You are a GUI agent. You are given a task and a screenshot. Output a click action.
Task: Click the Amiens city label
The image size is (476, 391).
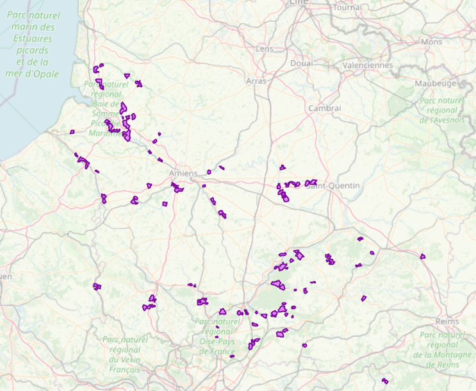point(184,174)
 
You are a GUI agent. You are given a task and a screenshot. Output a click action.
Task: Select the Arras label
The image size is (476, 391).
point(256,81)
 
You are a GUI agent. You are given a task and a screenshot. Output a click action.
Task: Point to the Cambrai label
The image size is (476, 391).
point(325,108)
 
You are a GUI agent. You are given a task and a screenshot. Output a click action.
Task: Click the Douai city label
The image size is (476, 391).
point(301,63)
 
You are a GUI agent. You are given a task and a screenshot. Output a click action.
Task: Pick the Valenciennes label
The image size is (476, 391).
point(368,65)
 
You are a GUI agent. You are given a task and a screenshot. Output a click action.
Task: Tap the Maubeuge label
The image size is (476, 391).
point(436,83)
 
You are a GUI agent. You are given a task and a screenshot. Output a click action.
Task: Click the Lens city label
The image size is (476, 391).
point(264,49)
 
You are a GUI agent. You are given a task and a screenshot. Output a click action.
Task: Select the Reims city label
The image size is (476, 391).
point(447,320)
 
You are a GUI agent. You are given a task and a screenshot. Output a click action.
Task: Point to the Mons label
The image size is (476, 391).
point(431,42)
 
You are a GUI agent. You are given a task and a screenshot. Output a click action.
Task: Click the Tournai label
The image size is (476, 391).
point(348,8)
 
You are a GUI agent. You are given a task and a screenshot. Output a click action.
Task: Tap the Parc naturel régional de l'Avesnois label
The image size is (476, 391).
point(443,110)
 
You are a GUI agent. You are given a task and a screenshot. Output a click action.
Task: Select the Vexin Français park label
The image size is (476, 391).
point(125,354)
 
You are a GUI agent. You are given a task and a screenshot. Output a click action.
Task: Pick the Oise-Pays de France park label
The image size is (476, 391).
point(218,336)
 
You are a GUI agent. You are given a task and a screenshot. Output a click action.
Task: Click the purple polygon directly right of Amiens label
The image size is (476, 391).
point(209,172)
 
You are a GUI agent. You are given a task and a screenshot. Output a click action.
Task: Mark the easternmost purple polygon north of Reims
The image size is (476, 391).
point(423,256)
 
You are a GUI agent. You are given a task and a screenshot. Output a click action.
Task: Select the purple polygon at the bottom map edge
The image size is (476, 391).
point(384,381)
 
